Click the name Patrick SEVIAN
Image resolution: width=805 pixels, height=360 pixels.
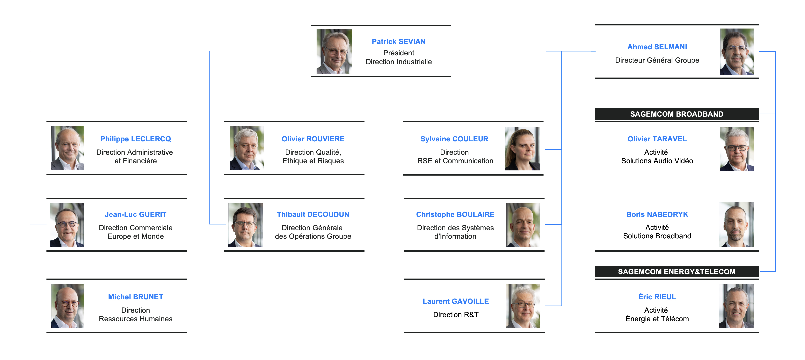pyautogui.click(x=398, y=41)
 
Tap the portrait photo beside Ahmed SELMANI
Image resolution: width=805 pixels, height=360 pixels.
pyautogui.click(x=736, y=52)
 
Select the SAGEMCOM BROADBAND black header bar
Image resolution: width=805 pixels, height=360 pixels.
pyautogui.click(x=677, y=114)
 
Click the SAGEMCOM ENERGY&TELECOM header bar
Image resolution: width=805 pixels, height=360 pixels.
pyautogui.click(x=677, y=272)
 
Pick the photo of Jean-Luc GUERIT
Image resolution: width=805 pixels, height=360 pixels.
pyautogui.click(x=67, y=225)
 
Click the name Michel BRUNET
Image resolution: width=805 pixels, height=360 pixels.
pyautogui.click(x=136, y=297)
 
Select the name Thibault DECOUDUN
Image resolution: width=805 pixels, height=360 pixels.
pyautogui.click(x=313, y=214)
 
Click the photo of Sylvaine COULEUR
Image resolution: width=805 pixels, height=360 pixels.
pyautogui.click(x=522, y=148)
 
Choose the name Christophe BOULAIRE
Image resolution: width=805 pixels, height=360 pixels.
pyautogui.click(x=455, y=214)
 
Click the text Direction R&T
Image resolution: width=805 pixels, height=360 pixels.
pyautogui.click(x=456, y=315)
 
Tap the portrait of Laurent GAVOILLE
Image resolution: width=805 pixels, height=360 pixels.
pyautogui.click(x=523, y=306)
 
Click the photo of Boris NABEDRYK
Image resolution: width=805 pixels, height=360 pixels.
pyautogui.click(x=736, y=225)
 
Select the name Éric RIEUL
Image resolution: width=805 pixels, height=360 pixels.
pyautogui.click(x=657, y=297)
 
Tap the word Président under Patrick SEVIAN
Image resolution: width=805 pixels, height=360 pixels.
pyautogui.click(x=398, y=53)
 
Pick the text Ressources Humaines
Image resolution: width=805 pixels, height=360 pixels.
pyautogui.click(x=136, y=319)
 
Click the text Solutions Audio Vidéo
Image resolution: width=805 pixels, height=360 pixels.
pyautogui.click(x=657, y=161)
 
